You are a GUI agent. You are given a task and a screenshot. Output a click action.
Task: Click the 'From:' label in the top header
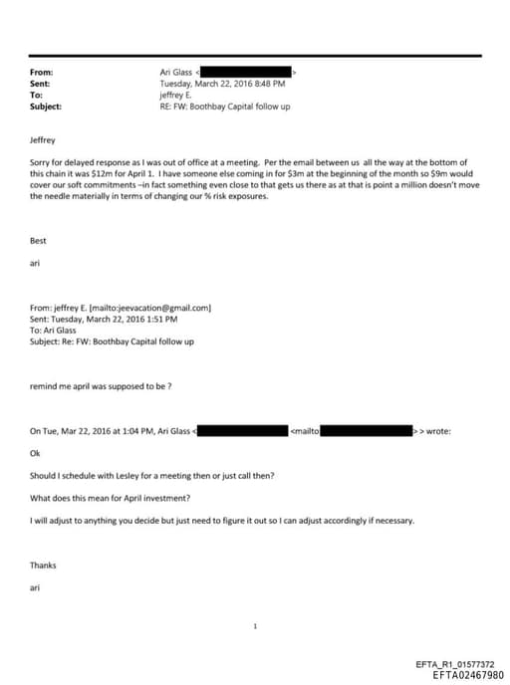(41, 73)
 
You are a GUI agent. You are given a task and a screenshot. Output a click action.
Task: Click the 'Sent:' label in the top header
(40, 84)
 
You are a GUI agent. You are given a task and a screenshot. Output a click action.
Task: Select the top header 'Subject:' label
(46, 107)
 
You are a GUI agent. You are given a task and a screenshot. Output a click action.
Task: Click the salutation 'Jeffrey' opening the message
(44, 140)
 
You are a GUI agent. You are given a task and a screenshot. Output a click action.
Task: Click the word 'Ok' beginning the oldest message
(36, 453)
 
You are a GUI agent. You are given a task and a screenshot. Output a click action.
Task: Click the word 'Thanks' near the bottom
(43, 566)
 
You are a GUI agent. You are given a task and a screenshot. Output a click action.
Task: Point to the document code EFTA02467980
(462, 675)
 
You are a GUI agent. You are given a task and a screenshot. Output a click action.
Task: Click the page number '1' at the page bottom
(255, 626)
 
